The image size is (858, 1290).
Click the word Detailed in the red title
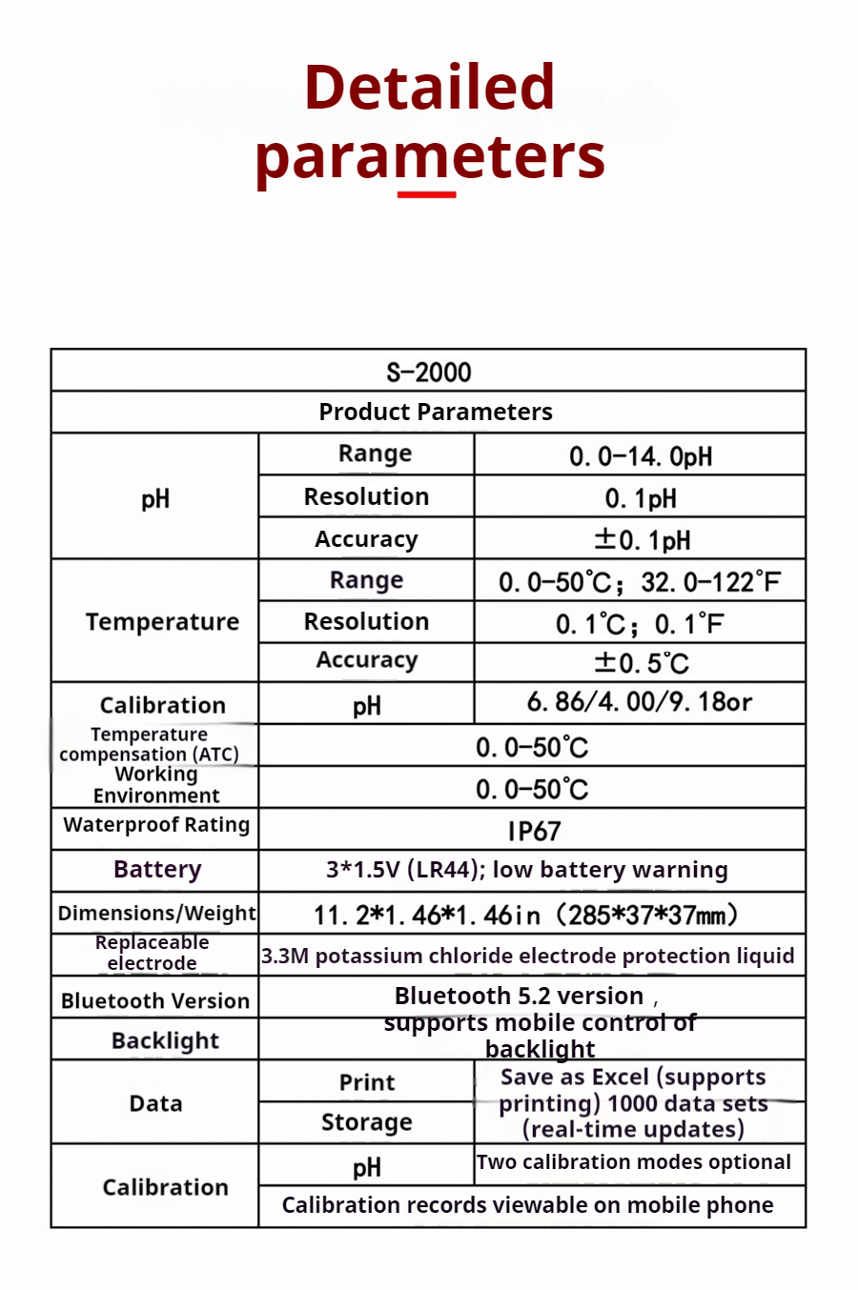coord(429,87)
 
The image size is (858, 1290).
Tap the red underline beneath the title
coord(426,194)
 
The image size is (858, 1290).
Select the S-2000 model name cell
coord(428,372)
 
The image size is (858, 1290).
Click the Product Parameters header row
coord(435,412)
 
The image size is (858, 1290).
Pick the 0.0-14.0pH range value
coord(640,456)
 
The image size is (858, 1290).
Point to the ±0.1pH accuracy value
coord(642,540)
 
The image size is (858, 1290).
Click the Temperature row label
coord(162,622)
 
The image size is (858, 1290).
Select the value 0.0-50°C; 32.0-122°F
coord(640,581)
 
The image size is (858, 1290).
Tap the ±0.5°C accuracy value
coord(641,662)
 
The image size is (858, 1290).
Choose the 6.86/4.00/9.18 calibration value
coord(640,703)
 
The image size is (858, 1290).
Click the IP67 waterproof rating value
coord(533,831)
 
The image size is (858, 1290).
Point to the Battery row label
coord(157,870)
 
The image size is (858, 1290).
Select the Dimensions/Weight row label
coord(156,913)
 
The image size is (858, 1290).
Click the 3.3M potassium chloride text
coord(527,956)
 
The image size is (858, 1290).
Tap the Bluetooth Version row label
coord(155,1000)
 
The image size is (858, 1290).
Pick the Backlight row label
coord(165,1040)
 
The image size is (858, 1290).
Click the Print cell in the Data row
coord(366,1082)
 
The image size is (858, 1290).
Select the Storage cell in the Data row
coord(366,1122)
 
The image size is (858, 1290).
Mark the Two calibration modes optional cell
coord(634,1162)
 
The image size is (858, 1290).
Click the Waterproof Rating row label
coord(156,825)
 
